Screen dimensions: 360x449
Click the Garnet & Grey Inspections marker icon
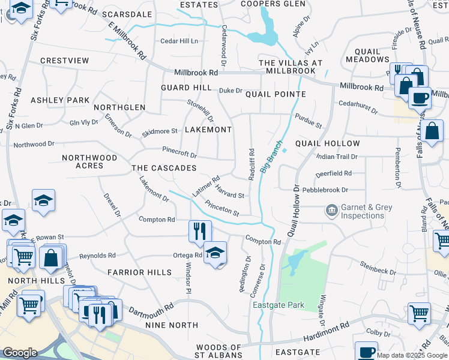pos(331,211)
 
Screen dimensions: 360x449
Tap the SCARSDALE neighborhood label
pos(127,14)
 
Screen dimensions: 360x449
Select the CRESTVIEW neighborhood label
pos(65,61)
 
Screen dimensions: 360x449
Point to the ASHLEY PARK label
pos(60,100)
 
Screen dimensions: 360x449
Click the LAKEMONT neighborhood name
pos(208,130)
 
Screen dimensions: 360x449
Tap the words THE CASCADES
pos(164,168)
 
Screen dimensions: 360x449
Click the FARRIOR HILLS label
pos(139,272)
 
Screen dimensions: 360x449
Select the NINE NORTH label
pos(172,325)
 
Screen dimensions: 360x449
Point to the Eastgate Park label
pos(279,305)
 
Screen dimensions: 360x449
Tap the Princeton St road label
pos(222,209)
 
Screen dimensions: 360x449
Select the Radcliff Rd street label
pos(252,164)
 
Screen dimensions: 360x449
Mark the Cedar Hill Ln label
pos(179,41)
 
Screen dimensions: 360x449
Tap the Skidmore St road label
pos(159,131)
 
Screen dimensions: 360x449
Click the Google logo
pos(20,353)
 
